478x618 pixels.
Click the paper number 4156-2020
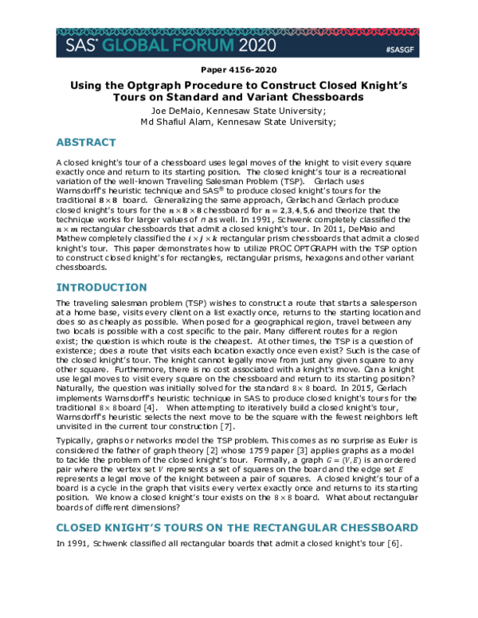pos(238,69)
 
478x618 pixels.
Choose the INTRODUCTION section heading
pos(102,287)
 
